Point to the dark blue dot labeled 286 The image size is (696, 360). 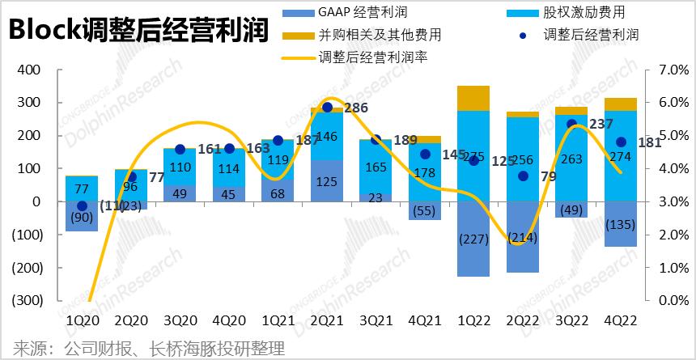pyautogui.click(x=327, y=107)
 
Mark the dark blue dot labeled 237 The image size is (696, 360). pyautogui.click(x=571, y=124)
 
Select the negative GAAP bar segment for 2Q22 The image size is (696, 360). pyautogui.click(x=523, y=237)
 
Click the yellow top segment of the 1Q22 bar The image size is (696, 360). pyautogui.click(x=473, y=98)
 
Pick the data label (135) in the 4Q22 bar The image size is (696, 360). pyautogui.click(x=621, y=224)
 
